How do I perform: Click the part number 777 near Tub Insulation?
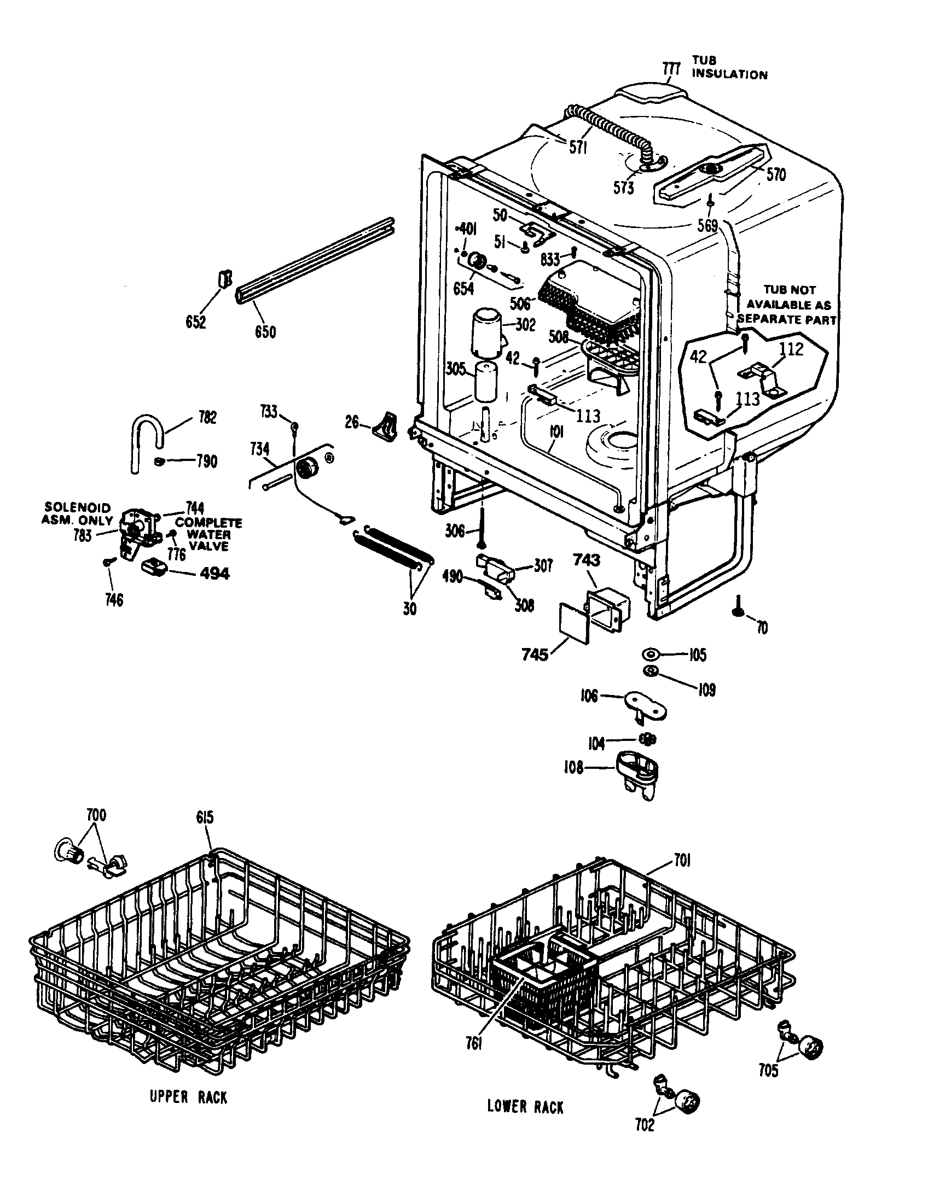click(x=672, y=70)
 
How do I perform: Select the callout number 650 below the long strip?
click(x=265, y=332)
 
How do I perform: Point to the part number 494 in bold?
click(x=214, y=574)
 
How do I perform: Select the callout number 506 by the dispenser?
click(x=520, y=303)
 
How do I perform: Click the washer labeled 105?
click(x=651, y=654)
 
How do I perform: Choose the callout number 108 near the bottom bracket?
click(x=573, y=768)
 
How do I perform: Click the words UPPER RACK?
click(x=188, y=1097)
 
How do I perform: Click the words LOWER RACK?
click(x=525, y=1107)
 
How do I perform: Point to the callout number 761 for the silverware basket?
click(x=473, y=1059)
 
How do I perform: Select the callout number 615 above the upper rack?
click(x=205, y=833)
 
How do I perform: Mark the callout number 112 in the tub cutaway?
click(x=792, y=349)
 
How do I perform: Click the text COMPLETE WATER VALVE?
click(x=208, y=534)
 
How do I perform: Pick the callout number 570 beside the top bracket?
click(x=776, y=175)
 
